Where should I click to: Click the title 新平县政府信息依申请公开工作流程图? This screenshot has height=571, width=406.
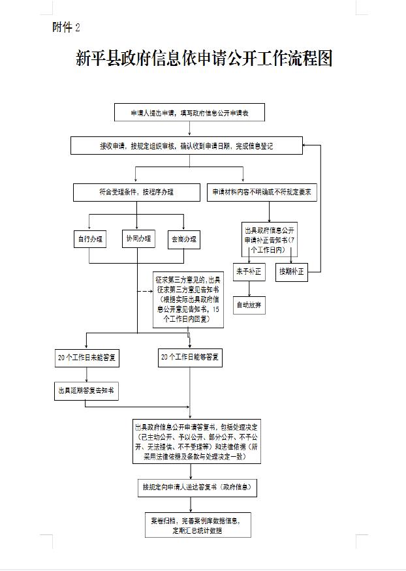[204, 59]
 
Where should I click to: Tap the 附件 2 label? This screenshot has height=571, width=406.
[66, 27]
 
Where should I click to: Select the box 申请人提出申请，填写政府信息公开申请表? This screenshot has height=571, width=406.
[189, 113]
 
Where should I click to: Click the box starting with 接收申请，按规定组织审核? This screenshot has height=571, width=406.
[186, 146]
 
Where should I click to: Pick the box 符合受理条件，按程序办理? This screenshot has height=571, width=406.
[136, 193]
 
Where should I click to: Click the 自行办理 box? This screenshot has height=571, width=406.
[90, 239]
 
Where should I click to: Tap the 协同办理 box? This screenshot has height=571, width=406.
[138, 239]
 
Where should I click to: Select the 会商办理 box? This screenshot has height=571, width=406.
[184, 239]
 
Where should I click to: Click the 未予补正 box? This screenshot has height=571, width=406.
[248, 271]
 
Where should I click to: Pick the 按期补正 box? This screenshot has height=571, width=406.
[291, 271]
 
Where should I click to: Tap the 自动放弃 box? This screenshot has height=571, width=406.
[248, 305]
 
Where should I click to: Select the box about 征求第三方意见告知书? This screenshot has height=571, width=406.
[189, 300]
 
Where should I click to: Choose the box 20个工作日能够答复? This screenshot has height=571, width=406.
[190, 358]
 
